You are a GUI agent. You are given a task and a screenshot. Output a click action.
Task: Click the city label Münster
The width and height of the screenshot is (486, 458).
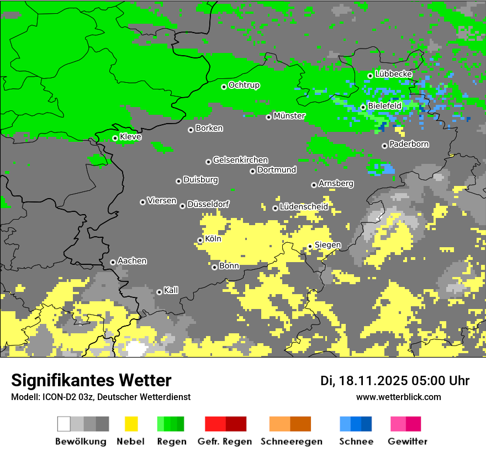pyautogui.click(x=289, y=116)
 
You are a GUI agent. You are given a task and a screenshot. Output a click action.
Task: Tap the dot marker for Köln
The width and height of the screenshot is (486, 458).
pyautogui.click(x=200, y=240)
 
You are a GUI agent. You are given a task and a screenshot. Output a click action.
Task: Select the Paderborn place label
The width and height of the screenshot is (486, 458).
pyautogui.click(x=409, y=145)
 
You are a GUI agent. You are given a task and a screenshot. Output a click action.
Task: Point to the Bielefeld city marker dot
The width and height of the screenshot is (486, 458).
pyautogui.click(x=363, y=107)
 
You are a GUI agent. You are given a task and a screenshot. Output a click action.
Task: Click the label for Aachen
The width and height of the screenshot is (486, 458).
pyautogui.click(x=132, y=261)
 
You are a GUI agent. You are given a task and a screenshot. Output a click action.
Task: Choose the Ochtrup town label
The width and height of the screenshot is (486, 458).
pyautogui.click(x=244, y=86)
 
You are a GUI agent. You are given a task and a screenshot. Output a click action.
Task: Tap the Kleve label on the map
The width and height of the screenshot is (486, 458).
pyautogui.click(x=130, y=137)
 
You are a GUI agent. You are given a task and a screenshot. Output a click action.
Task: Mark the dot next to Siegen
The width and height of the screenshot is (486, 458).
pyautogui.click(x=310, y=246)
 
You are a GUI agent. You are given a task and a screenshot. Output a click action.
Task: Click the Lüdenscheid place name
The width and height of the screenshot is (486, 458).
pyautogui.click(x=304, y=207)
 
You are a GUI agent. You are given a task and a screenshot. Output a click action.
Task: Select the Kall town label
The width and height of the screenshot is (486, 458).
pyautogui.click(x=171, y=290)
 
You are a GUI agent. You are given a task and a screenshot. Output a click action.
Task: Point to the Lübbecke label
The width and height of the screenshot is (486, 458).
pyautogui.click(x=393, y=74)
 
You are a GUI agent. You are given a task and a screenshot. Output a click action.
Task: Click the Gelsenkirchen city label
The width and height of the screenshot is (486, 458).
pyautogui.click(x=240, y=160)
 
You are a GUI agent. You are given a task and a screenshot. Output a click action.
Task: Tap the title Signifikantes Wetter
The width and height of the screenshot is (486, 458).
pyautogui.click(x=91, y=381)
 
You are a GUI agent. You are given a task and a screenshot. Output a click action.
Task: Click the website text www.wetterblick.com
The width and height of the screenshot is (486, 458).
pyautogui.click(x=398, y=397)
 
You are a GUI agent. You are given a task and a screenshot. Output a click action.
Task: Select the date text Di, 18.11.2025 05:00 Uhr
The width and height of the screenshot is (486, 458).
pyautogui.click(x=395, y=381)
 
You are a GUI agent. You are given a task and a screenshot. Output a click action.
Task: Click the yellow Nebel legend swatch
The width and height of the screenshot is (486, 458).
pyautogui.click(x=131, y=424)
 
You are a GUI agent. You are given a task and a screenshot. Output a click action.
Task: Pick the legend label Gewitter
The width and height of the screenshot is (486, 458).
pyautogui.click(x=407, y=441)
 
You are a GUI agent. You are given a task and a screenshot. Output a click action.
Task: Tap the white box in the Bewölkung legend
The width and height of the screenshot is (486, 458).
pyautogui.click(x=64, y=424)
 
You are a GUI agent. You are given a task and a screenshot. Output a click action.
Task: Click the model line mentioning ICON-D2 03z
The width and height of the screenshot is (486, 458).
pyautogui.click(x=101, y=397)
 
